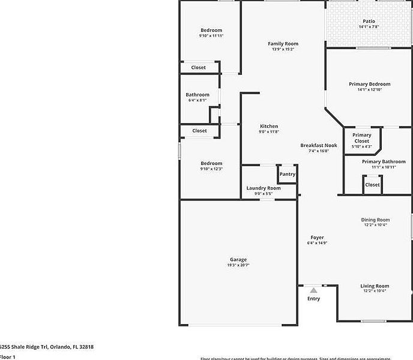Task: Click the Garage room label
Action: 238,259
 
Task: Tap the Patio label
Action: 369,21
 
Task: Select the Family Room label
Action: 283,44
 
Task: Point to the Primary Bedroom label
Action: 369,84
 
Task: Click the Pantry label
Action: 288,175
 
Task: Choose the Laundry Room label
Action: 264,188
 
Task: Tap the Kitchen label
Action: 268,126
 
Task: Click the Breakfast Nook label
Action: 319,145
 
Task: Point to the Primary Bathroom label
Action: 384,161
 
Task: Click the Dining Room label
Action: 375,220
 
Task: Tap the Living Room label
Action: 375,286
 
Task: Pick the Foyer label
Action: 317,238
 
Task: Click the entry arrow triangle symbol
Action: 313,290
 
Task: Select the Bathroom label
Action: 197,95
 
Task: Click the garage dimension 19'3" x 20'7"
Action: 238,265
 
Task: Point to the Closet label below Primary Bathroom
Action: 372,185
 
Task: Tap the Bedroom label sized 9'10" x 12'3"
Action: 211,163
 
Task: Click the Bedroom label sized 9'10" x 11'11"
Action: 211,30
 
